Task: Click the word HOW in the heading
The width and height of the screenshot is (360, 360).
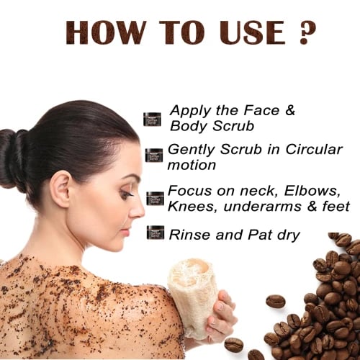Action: [104, 32]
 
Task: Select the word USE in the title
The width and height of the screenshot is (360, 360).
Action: [252, 32]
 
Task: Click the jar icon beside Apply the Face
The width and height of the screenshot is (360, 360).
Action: [153, 119]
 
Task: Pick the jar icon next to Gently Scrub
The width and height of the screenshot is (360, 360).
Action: [154, 156]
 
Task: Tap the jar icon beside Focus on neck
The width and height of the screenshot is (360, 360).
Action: [155, 199]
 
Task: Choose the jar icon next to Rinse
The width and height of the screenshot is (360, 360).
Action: [156, 233]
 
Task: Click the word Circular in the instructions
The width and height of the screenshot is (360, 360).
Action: [314, 149]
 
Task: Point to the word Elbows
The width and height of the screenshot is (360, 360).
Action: [312, 191]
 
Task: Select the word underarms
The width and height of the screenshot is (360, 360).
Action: [262, 207]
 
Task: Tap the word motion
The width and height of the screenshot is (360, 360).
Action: [192, 165]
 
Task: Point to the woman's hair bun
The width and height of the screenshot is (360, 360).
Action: [12, 160]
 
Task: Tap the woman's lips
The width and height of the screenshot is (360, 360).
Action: [125, 233]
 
